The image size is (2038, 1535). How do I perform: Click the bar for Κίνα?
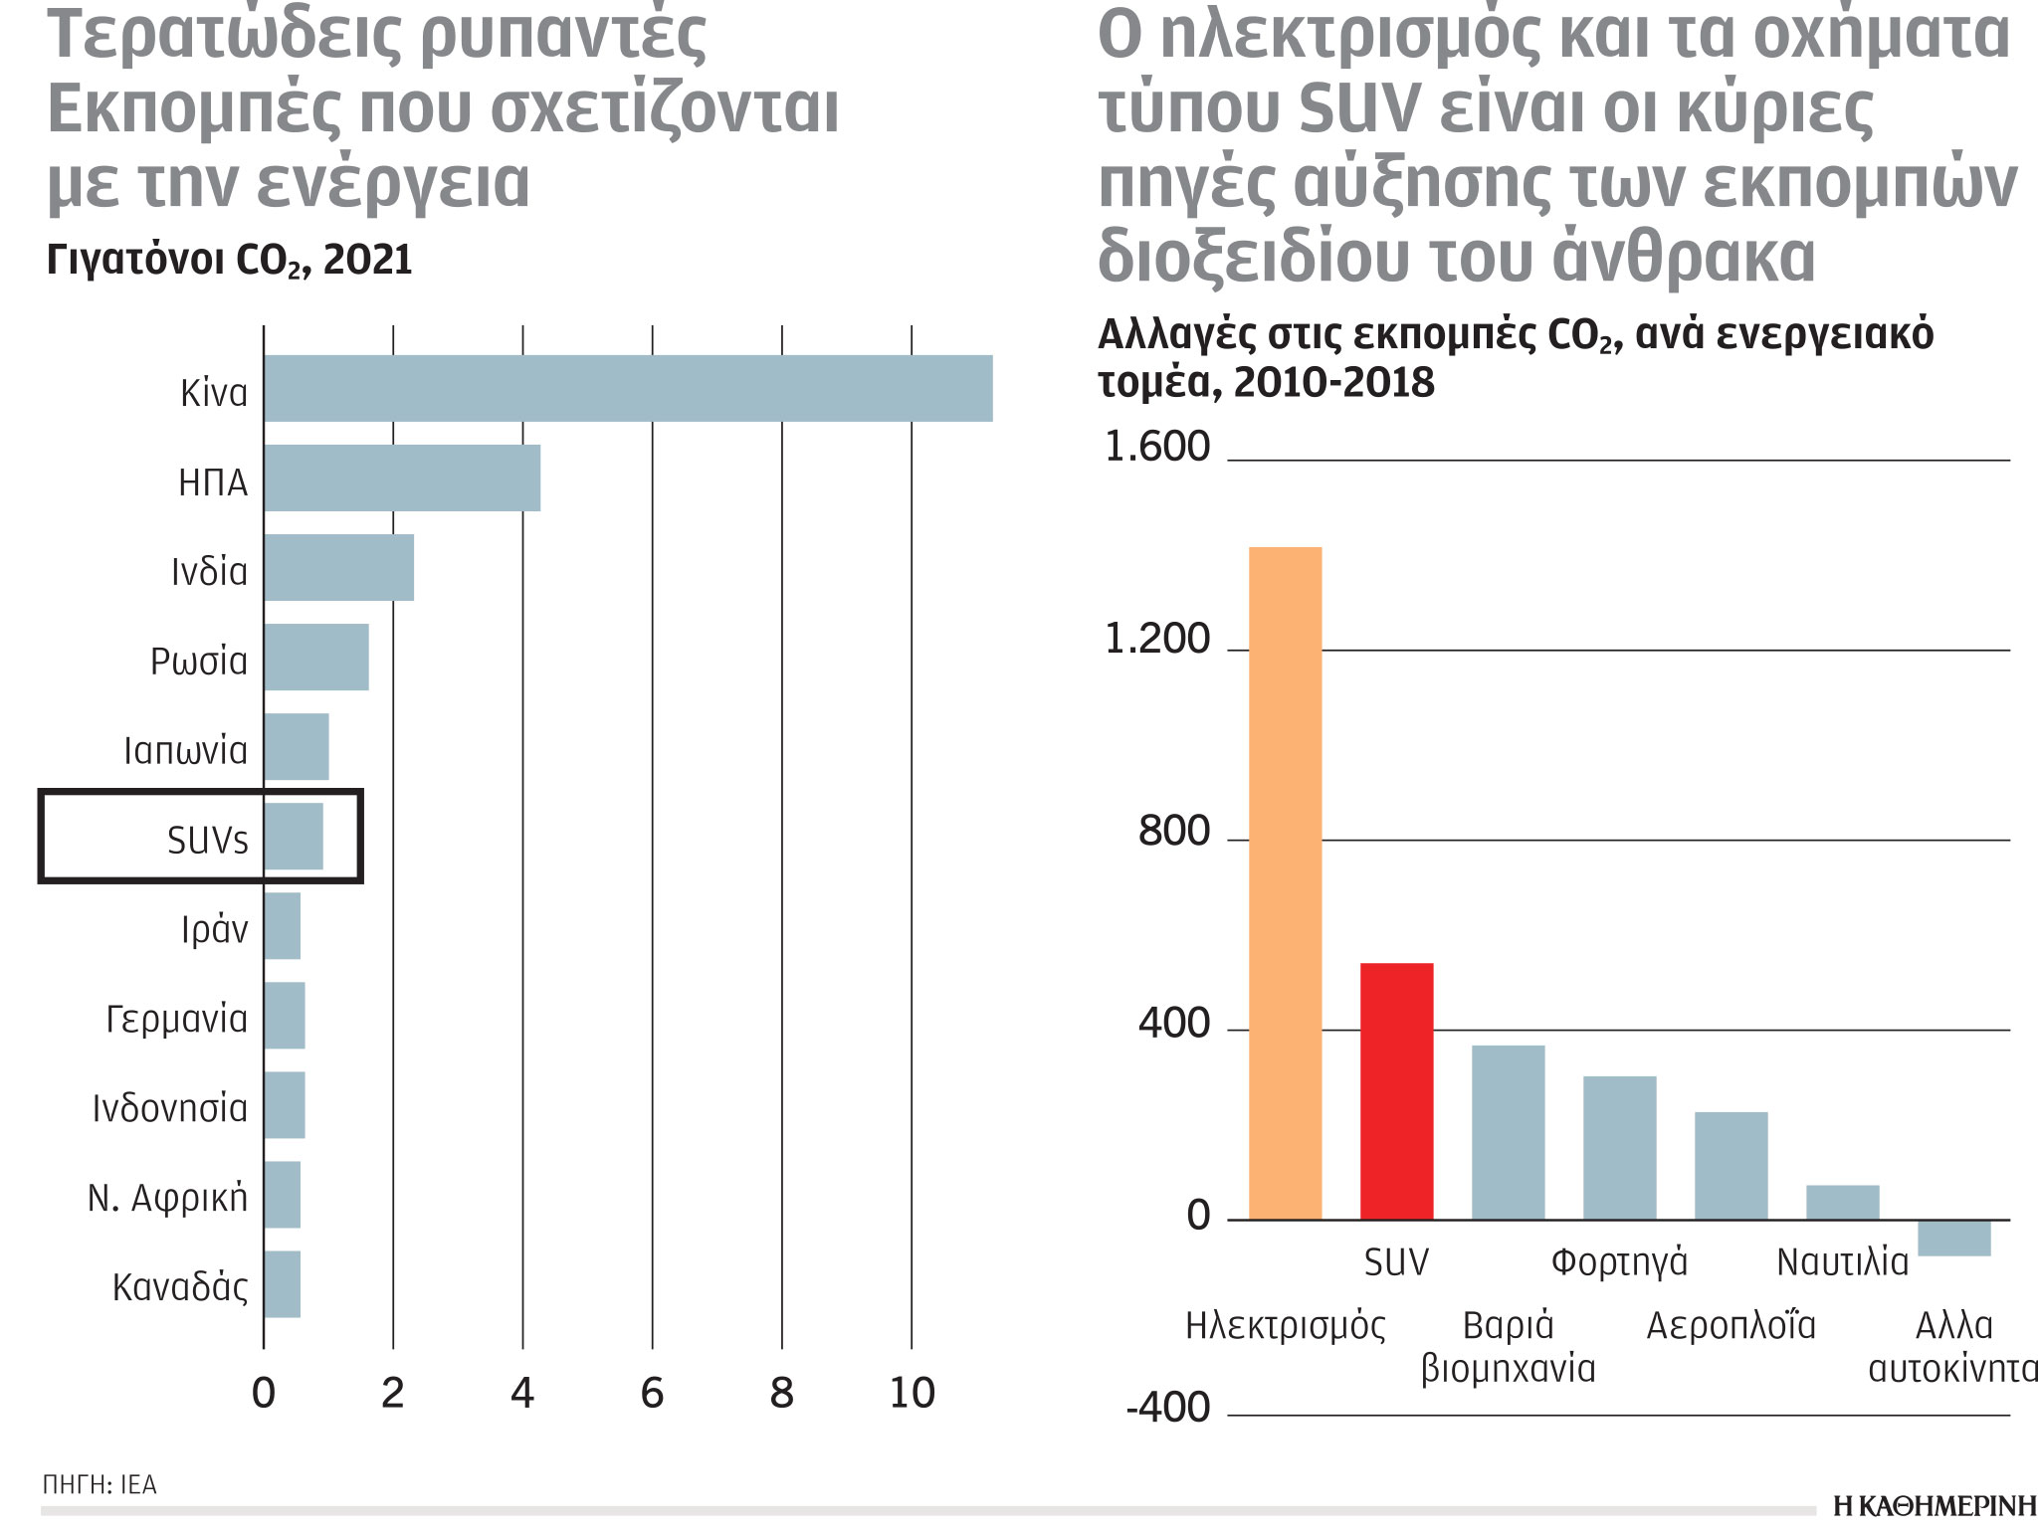(x=627, y=388)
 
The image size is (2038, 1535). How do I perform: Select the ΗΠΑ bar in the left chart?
(x=401, y=478)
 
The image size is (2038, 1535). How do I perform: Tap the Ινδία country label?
(x=209, y=572)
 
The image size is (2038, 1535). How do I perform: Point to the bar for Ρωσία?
(x=315, y=657)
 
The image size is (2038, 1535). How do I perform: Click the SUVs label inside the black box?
(x=207, y=841)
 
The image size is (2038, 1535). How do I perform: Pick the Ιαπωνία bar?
(x=296, y=746)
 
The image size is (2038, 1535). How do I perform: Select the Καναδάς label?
(x=180, y=1287)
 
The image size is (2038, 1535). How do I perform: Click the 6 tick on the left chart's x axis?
(x=652, y=1393)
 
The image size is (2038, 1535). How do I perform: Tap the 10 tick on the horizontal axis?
(x=912, y=1393)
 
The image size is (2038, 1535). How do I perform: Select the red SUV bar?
(x=1396, y=1090)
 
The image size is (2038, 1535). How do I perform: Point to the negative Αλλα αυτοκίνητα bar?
(x=1953, y=1238)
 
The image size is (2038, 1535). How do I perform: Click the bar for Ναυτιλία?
(x=1842, y=1202)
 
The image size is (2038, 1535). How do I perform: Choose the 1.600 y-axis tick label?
(x=1157, y=447)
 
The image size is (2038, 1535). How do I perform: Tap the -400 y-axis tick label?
(x=1167, y=1408)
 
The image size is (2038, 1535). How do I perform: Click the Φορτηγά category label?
(x=1619, y=1261)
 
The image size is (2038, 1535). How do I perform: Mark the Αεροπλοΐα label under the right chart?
(x=1731, y=1325)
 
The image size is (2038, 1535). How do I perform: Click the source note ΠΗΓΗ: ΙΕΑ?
(x=100, y=1484)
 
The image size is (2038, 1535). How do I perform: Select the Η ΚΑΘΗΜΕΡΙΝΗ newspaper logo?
(x=1934, y=1506)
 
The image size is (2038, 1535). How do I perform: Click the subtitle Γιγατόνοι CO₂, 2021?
(x=229, y=261)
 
